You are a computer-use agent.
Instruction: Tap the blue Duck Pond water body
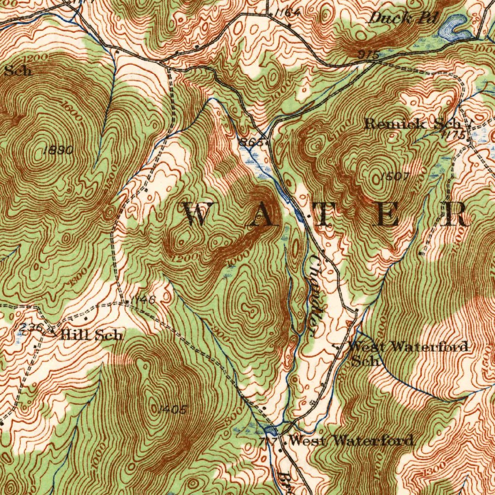click(x=454, y=28)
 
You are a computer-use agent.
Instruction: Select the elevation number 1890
click(x=58, y=150)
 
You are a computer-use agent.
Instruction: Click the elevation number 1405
click(x=172, y=409)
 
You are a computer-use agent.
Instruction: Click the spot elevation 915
click(x=368, y=55)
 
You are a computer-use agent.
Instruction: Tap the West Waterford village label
click(x=351, y=440)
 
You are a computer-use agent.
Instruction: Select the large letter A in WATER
click(x=262, y=215)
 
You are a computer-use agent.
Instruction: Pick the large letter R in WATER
click(x=456, y=215)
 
